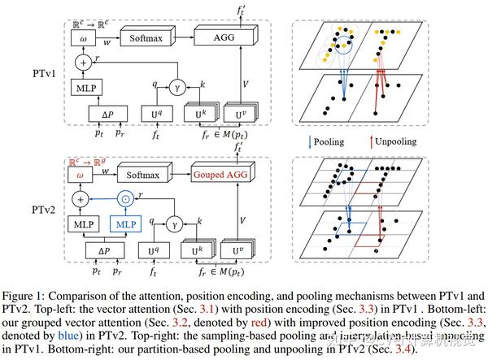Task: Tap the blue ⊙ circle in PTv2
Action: pos(124,197)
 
